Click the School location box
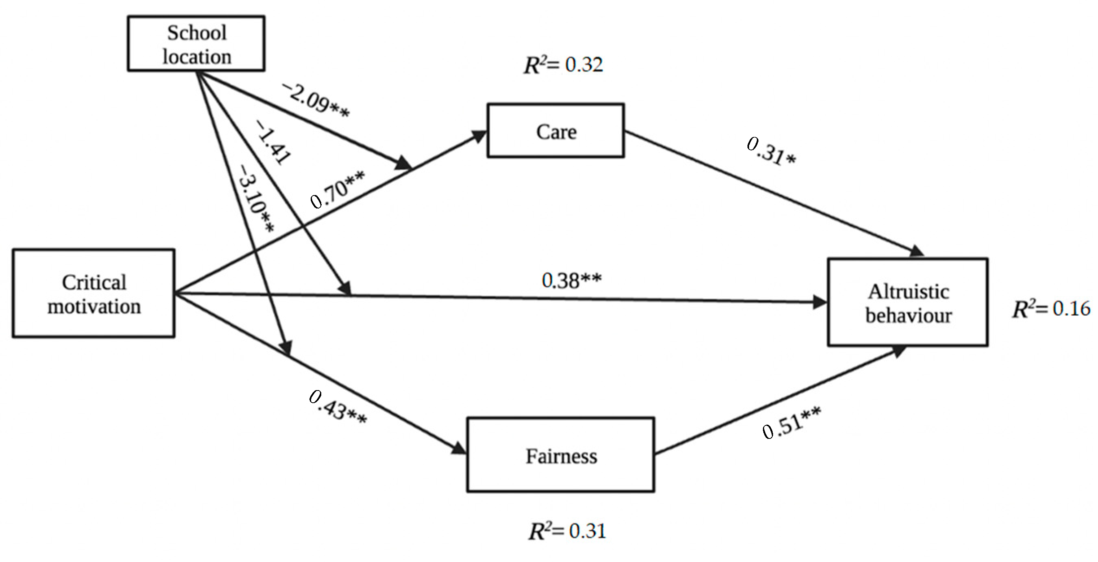point(196,43)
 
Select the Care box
point(556,131)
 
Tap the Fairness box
point(560,455)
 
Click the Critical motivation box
point(94,293)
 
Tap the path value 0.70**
point(337,190)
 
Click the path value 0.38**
point(571,280)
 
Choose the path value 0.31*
point(771,152)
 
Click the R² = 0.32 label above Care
point(563,65)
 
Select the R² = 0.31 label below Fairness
point(567,531)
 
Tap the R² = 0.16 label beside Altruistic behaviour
point(1051,308)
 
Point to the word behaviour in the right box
point(908,316)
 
